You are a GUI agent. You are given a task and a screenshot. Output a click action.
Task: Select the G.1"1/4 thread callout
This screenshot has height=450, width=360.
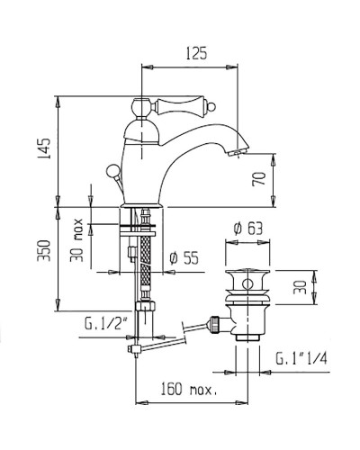pyautogui.click(x=301, y=360)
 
